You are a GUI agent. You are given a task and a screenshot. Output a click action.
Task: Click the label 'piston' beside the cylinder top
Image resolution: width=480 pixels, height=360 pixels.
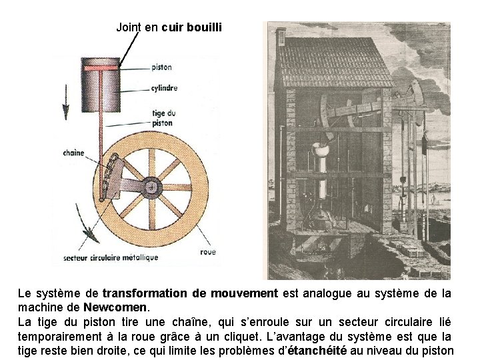161,67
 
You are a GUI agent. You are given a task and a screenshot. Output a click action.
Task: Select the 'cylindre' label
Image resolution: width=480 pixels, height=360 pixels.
163,88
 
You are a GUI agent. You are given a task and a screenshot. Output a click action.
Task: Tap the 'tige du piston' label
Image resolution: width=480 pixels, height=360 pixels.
163,118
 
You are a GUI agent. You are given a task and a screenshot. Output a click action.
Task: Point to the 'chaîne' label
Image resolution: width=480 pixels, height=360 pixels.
73,153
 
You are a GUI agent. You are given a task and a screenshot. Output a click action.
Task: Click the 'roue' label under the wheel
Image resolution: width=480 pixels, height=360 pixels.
207,252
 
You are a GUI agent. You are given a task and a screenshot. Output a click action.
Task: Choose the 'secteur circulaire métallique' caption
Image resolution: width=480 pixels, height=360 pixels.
111,257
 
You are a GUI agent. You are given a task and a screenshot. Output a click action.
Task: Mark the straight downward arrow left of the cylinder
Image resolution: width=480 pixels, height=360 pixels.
66,100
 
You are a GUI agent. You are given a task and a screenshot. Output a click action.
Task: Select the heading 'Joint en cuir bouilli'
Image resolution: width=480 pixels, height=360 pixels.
169,27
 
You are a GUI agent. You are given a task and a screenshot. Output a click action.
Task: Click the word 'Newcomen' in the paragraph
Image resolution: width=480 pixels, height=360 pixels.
117,308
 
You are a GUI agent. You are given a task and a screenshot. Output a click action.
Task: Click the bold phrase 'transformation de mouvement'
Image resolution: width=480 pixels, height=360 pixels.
189,293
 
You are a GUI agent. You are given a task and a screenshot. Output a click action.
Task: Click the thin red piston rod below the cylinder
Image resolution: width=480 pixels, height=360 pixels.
101,133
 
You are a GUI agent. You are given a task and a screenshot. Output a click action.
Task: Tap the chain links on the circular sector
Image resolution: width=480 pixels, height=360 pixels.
109,175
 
